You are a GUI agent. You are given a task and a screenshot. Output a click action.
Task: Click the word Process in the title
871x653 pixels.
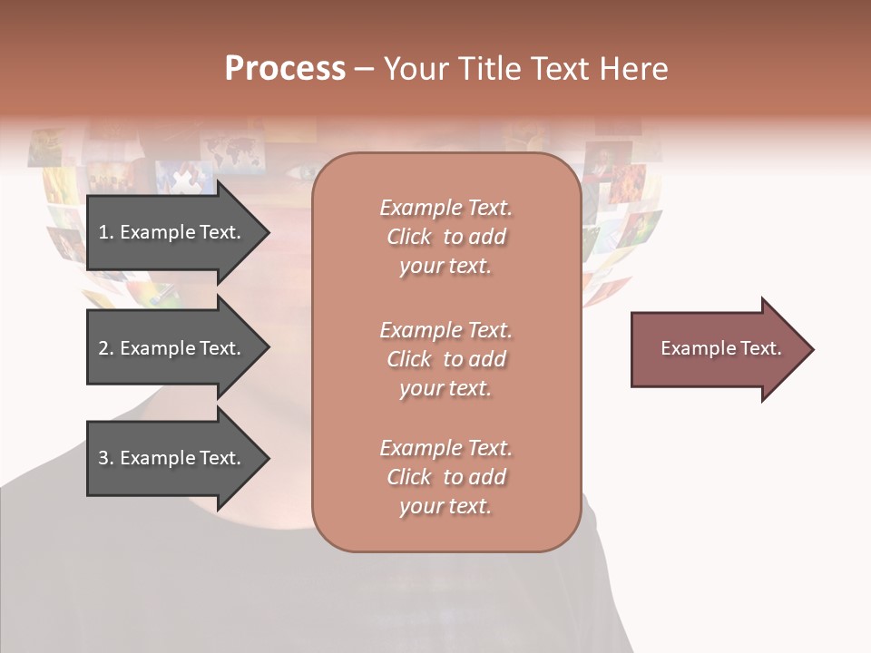[x=285, y=69]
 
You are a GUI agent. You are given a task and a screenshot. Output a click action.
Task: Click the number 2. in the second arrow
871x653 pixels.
[x=105, y=348]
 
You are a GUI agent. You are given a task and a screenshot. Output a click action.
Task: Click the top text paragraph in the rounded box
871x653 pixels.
[x=445, y=237]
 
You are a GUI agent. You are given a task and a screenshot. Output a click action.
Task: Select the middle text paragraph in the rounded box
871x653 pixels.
[x=445, y=359]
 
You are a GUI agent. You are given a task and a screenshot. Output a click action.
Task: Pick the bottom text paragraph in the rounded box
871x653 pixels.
[x=445, y=477]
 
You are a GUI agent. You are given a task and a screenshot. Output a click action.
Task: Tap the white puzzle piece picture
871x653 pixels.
[x=185, y=178]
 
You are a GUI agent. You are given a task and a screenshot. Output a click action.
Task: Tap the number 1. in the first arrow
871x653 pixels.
[x=105, y=232]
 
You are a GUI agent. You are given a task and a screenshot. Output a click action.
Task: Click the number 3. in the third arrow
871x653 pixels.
[x=105, y=458]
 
